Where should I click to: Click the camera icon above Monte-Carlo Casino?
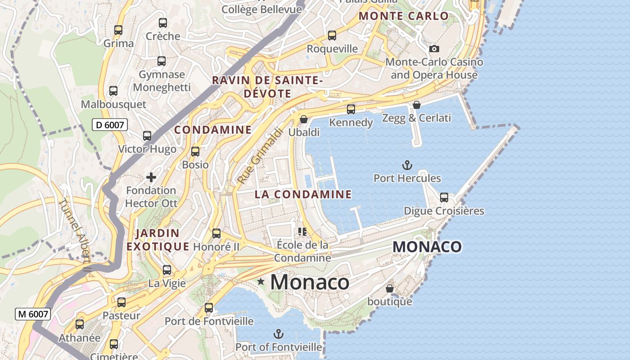point(434,49)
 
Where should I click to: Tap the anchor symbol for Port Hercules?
point(407,165)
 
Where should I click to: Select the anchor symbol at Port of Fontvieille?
point(279,334)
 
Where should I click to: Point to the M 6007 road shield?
point(33,314)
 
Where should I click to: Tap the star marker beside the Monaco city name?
point(261,282)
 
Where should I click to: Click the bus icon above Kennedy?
point(351,109)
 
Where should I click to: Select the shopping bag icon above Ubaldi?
point(304,119)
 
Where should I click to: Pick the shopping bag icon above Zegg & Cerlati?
point(417,105)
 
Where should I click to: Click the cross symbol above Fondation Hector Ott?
point(151,177)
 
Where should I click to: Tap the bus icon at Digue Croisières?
point(444,198)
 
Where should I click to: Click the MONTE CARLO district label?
point(404,16)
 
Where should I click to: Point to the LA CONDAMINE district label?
point(303,194)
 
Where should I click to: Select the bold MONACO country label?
point(427,247)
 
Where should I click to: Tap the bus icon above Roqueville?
point(332,36)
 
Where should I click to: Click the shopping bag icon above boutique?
point(390,288)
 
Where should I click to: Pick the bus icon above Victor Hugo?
point(147,136)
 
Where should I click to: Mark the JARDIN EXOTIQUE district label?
point(157,240)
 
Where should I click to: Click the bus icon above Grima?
point(118,30)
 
